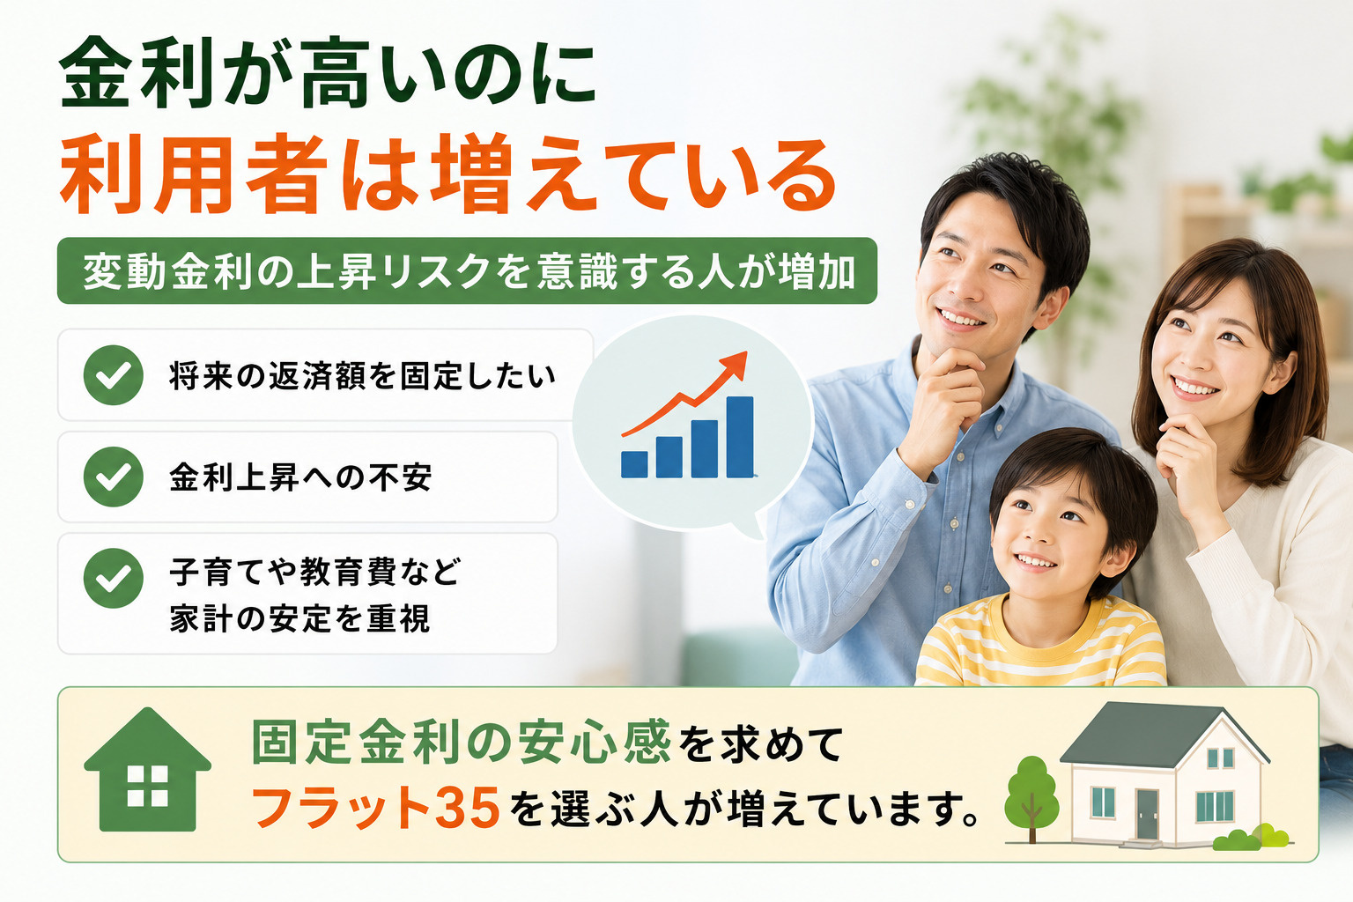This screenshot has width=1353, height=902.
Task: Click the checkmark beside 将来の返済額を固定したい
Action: coord(113,375)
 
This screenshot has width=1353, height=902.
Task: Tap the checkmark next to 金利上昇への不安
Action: coord(113,477)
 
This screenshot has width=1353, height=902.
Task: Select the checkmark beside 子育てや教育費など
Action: coord(113,578)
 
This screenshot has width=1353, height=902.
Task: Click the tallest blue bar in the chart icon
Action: coord(740,437)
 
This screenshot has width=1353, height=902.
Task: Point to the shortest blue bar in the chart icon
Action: coord(634,464)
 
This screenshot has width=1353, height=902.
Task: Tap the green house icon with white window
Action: coord(147,769)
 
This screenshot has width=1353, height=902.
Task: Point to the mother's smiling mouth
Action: coord(1194,388)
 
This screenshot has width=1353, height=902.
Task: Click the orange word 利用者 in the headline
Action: coord(193,174)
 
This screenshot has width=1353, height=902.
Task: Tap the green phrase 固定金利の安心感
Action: coord(461,742)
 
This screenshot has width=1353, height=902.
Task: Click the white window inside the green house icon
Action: coord(147,786)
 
